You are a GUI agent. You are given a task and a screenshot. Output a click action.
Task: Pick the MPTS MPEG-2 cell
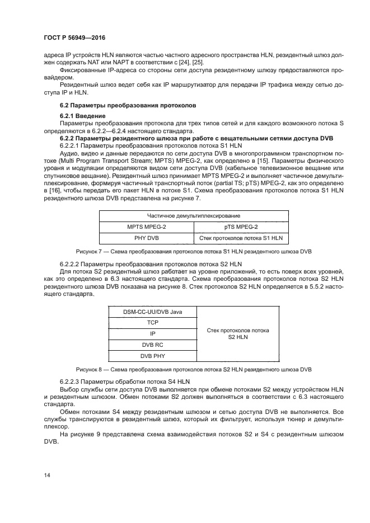[x=147, y=227]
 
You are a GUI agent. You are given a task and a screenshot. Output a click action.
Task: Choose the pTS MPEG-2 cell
[x=241, y=227]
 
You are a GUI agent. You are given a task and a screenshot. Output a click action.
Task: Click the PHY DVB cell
[x=147, y=238]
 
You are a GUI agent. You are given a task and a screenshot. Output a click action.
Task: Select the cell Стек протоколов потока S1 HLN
[x=241, y=238]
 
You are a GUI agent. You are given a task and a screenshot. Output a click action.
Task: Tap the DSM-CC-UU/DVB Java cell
[x=152, y=312]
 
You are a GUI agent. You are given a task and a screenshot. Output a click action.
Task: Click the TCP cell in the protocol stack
[x=152, y=323]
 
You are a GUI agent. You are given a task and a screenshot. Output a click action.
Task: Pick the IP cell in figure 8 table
[x=152, y=334]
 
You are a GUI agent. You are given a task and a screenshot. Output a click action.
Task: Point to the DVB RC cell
[x=152, y=345]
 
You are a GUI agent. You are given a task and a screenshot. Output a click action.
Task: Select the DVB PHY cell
[x=152, y=356]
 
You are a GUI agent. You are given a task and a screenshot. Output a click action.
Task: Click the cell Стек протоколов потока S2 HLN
[x=238, y=334]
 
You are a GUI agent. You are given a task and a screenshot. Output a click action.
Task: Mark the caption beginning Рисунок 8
[x=194, y=370]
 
